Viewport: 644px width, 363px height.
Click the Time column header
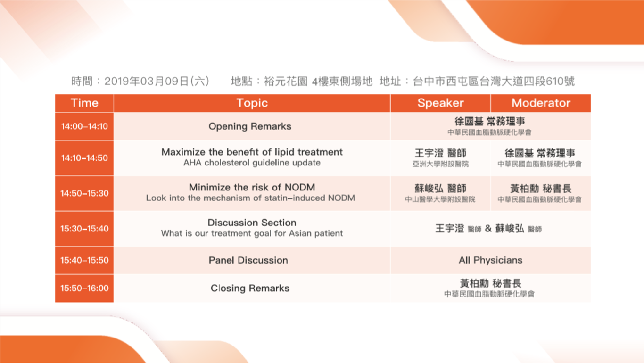pyautogui.click(x=84, y=103)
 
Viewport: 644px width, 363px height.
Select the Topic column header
pyautogui.click(x=252, y=103)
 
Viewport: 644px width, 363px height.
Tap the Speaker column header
pyautogui.click(x=440, y=103)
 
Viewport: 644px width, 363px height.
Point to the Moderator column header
pyautogui.click(x=541, y=103)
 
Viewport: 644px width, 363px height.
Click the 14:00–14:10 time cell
pyautogui.click(x=84, y=126)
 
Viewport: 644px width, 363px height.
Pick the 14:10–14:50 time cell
pyautogui.click(x=84, y=158)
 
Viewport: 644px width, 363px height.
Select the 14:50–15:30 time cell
pyautogui.click(x=84, y=193)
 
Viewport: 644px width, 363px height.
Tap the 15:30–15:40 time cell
pyautogui.click(x=84, y=229)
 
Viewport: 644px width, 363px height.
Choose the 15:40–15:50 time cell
pyautogui.click(x=84, y=260)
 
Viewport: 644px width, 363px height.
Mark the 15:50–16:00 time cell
pyautogui.click(x=84, y=288)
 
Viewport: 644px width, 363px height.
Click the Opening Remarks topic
pyautogui.click(x=250, y=126)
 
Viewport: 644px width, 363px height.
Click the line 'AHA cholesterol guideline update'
pyautogui.click(x=252, y=163)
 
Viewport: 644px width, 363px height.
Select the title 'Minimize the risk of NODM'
pyautogui.click(x=252, y=187)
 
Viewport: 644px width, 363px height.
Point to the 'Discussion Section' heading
pyautogui.click(x=252, y=223)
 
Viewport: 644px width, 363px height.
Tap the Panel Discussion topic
pyautogui.click(x=248, y=260)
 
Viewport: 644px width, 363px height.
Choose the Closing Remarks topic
pyautogui.click(x=250, y=288)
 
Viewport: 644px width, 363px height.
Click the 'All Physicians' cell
pyautogui.click(x=490, y=260)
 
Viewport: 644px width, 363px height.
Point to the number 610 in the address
pyautogui.click(x=554, y=82)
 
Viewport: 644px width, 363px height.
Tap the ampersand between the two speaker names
pyautogui.click(x=488, y=229)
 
